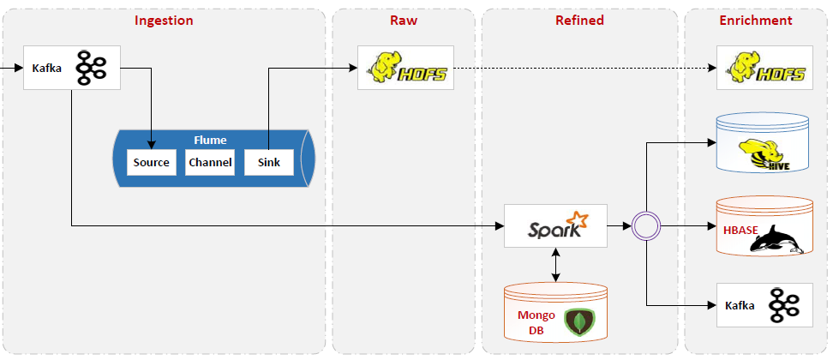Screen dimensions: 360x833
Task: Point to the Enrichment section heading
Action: point(755,21)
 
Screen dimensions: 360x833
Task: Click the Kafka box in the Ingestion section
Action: point(71,67)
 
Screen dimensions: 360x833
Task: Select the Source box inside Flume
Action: point(151,162)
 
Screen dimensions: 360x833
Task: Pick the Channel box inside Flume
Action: point(210,162)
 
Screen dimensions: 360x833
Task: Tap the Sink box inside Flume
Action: point(268,162)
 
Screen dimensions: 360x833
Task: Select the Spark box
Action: point(555,226)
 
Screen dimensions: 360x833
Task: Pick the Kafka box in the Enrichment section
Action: point(764,305)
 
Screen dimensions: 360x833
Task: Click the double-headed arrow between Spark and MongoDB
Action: point(556,265)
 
